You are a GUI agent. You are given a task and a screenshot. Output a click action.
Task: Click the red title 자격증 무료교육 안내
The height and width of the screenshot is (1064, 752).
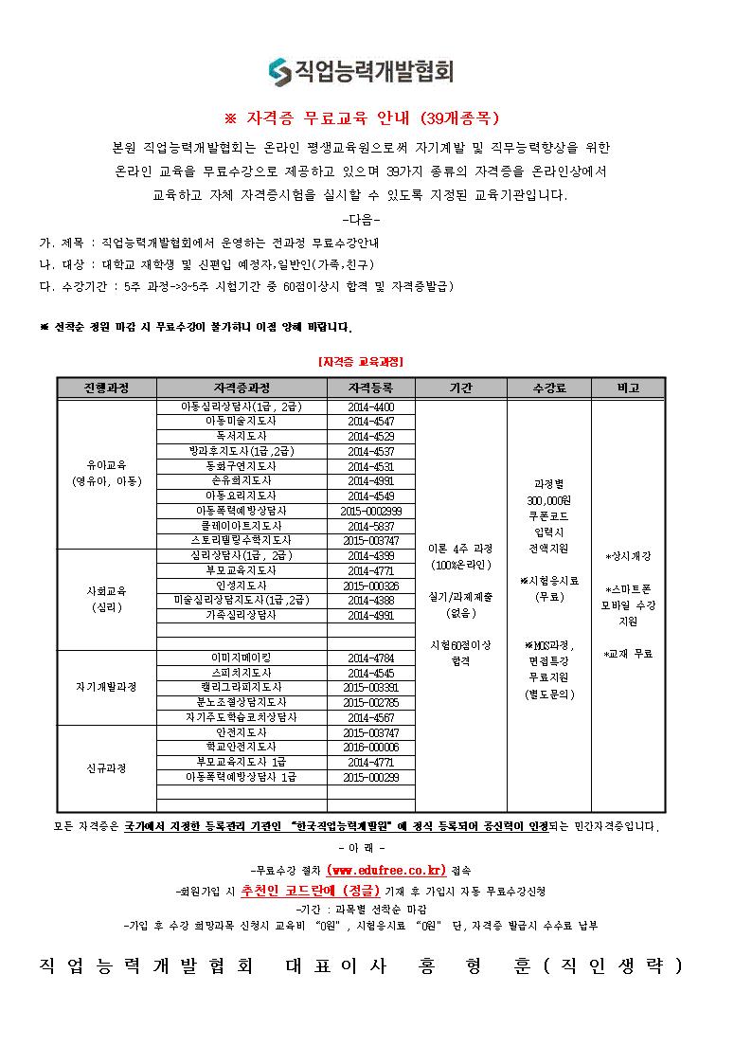click(361, 119)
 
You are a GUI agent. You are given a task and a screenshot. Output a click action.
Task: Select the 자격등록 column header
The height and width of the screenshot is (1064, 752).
click(370, 388)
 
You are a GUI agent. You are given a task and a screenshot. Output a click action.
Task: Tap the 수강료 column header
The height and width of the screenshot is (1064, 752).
click(549, 388)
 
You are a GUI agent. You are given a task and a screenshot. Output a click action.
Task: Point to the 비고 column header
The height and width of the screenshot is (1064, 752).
click(628, 388)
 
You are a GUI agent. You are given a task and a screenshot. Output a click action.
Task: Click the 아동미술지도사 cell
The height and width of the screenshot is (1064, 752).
click(241, 421)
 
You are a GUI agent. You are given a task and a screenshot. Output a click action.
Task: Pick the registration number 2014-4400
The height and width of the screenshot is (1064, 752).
click(370, 406)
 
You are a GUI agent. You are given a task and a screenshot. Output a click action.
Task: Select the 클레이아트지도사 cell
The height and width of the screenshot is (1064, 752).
click(241, 525)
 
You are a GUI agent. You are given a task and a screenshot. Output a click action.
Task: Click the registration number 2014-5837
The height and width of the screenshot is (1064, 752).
click(370, 525)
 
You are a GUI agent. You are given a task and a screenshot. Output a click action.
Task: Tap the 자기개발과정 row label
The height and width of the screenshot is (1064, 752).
click(106, 687)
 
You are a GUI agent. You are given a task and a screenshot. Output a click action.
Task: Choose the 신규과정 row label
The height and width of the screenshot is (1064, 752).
click(106, 767)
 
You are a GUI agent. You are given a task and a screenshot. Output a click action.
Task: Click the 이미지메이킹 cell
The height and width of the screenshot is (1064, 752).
click(241, 658)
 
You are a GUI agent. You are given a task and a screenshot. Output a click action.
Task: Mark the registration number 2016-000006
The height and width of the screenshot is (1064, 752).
click(370, 747)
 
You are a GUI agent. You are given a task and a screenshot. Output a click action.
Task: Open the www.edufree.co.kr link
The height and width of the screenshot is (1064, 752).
click(385, 870)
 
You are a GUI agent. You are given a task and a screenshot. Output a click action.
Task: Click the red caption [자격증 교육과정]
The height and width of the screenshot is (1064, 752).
click(361, 361)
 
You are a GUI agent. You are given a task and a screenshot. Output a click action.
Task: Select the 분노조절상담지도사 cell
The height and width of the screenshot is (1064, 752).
click(241, 702)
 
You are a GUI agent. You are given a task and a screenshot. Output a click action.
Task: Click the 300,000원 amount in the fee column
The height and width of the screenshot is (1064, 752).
click(548, 499)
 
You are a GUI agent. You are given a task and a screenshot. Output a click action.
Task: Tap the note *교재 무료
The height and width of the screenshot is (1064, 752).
click(628, 654)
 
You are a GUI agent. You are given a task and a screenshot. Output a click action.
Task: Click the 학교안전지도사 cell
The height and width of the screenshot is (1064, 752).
click(241, 747)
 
